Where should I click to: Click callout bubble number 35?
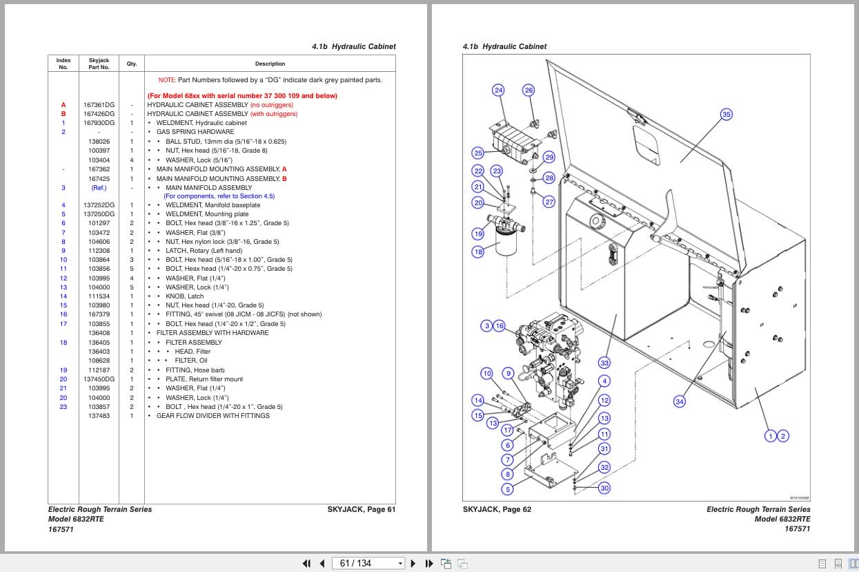726,115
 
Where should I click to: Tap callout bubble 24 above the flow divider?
498,90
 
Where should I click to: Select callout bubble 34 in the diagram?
680,401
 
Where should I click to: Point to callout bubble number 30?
604,488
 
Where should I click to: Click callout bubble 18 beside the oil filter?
478,251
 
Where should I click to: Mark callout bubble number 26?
529,90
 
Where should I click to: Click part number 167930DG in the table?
99,123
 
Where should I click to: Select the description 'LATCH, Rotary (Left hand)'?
204,251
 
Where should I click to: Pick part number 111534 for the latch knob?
99,296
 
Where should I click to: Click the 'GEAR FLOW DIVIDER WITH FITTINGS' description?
213,416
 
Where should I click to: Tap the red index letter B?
63,114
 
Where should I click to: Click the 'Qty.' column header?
131,64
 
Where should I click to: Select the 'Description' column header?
270,64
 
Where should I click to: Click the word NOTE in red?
166,80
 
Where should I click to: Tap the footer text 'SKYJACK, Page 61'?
361,510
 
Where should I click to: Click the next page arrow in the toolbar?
413,563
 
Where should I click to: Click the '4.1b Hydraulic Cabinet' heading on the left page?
353,47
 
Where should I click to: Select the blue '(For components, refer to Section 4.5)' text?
219,196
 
